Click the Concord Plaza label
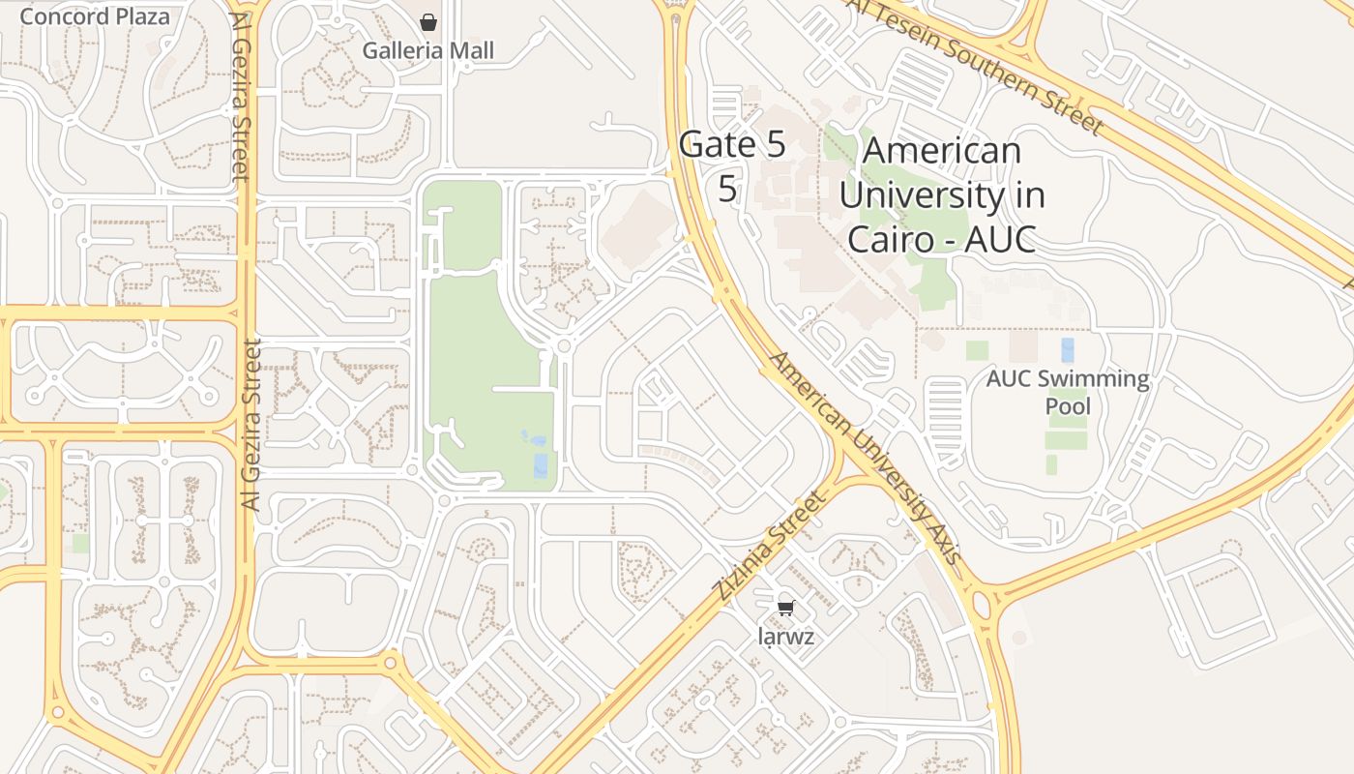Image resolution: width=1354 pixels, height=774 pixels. [94, 16]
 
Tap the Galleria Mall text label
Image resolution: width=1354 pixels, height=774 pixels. [428, 50]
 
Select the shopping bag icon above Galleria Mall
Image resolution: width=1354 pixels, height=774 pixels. [428, 21]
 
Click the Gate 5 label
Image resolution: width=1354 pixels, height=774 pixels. [732, 145]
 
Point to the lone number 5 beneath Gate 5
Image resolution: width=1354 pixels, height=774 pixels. [727, 190]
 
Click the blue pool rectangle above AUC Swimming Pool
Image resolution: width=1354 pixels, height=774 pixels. [1068, 349]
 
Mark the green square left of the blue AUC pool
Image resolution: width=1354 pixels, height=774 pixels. [977, 350]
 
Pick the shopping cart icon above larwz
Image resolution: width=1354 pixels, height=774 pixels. [785, 608]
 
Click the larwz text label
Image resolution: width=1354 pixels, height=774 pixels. [786, 637]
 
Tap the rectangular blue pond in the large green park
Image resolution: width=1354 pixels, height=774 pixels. [540, 465]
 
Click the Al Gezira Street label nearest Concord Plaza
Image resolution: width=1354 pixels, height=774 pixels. [240, 97]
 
